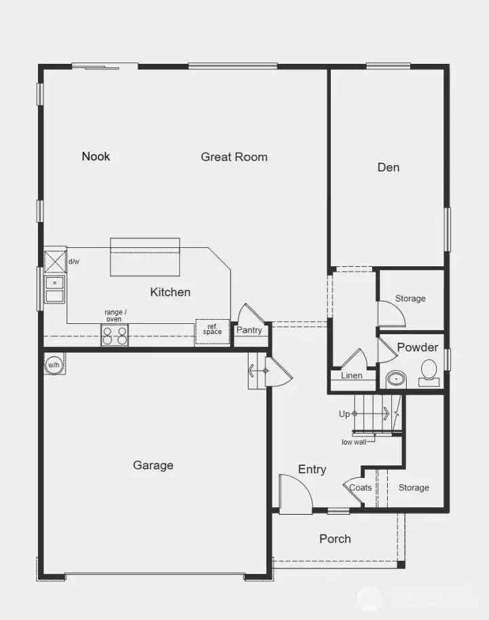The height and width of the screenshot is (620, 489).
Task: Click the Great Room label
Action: (234, 157)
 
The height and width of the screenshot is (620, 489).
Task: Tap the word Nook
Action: (96, 156)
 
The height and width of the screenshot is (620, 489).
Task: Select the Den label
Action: (388, 167)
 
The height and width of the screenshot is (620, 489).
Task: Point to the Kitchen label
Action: (170, 292)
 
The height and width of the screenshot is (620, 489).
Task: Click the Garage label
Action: (153, 465)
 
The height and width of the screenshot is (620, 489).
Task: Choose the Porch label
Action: (335, 539)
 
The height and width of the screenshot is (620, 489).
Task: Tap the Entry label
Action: (312, 469)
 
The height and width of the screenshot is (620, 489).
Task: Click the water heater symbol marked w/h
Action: (53, 365)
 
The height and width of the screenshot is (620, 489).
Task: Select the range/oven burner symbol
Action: (115, 335)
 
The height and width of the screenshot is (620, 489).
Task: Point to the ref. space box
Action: (213, 330)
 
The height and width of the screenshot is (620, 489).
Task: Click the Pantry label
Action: (249, 330)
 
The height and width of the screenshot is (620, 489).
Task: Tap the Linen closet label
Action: (352, 376)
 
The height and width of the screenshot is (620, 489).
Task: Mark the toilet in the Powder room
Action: (429, 371)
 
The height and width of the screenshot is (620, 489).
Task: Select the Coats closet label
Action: (360, 488)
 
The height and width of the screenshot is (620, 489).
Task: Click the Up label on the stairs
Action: (344, 414)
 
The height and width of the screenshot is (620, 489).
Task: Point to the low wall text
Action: (353, 442)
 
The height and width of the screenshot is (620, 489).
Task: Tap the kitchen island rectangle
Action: (145, 257)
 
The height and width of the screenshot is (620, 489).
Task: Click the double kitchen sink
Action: (54, 289)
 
